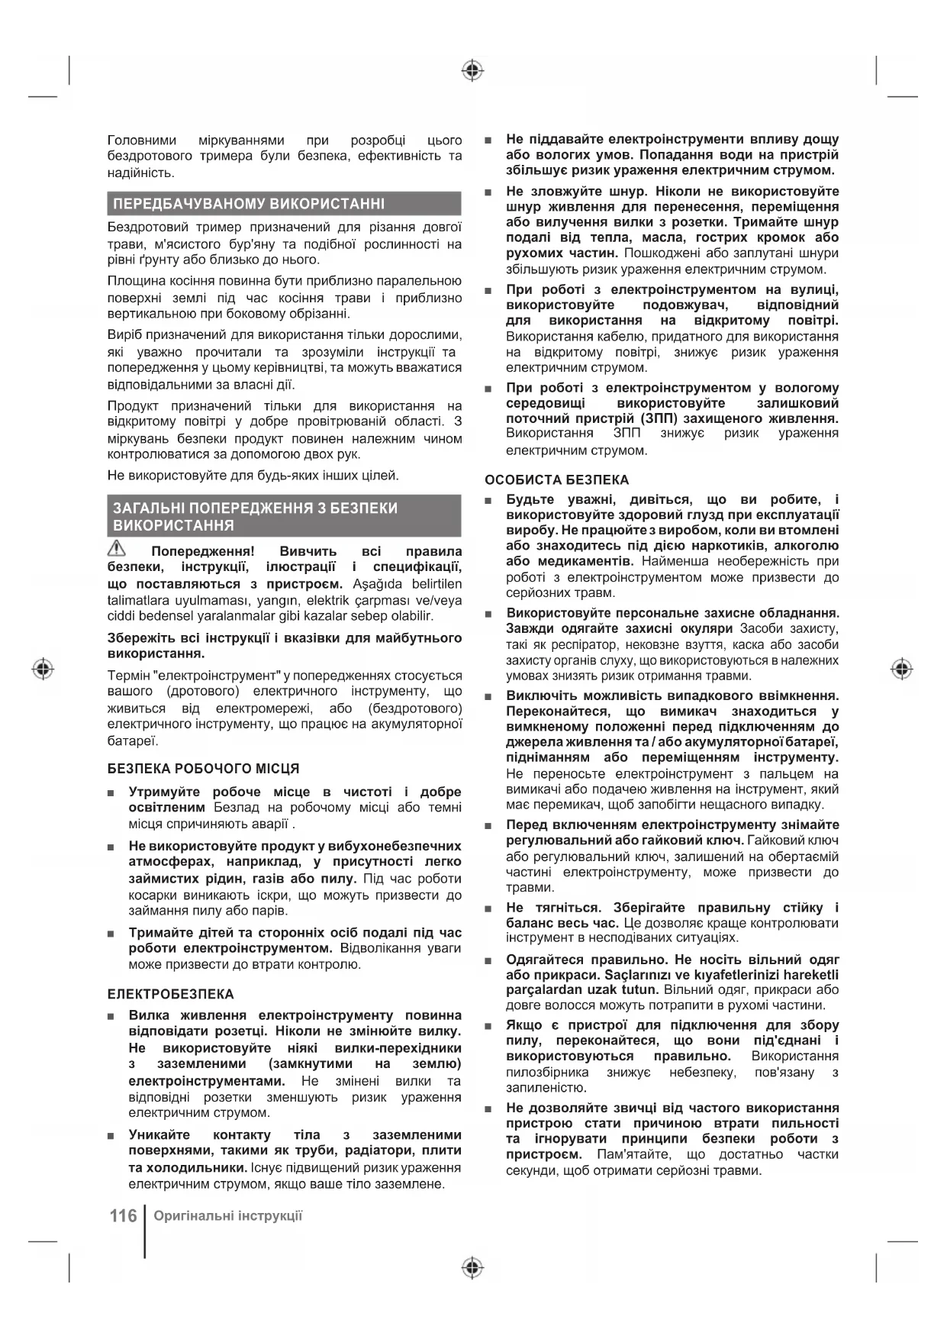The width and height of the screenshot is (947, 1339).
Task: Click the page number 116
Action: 122,1215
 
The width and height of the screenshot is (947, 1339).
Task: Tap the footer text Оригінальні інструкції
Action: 227,1215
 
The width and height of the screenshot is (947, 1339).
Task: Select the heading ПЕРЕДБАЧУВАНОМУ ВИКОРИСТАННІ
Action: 249,204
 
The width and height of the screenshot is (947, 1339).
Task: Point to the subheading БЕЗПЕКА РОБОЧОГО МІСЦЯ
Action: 203,768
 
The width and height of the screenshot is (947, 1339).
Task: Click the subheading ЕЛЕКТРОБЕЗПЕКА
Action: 170,994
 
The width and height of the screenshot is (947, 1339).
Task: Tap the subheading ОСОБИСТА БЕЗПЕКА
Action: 557,479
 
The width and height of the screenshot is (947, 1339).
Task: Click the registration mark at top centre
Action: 473,71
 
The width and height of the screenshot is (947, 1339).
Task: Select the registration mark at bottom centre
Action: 473,1268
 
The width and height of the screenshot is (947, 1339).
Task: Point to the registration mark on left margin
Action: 43,669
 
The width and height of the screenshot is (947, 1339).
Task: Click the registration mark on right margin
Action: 902,669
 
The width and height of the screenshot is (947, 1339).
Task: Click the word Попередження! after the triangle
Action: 202,551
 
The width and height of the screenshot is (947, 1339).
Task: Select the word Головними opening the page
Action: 142,140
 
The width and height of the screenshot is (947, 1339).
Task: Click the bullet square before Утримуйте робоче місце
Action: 112,793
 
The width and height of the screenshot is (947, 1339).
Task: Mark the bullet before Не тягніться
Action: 489,908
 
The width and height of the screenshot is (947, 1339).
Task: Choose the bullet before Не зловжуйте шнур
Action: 489,192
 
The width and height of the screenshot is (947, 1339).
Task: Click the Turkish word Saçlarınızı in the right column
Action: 641,975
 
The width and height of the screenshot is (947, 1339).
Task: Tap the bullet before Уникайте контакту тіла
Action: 112,1136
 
